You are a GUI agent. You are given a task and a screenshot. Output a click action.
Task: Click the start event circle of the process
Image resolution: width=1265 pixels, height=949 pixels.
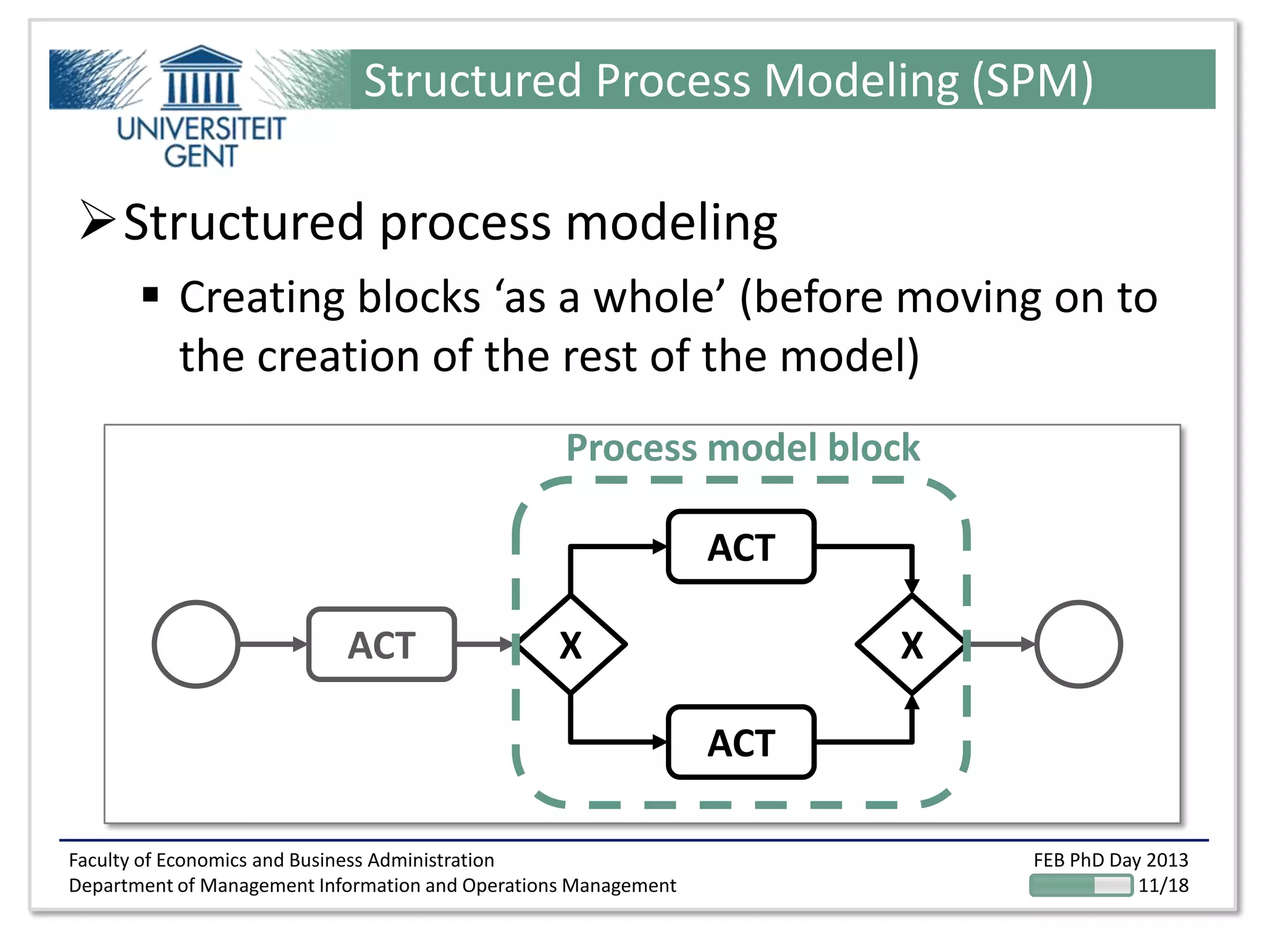click(196, 644)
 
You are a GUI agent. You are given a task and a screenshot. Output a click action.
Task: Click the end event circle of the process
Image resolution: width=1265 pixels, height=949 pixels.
click(1078, 644)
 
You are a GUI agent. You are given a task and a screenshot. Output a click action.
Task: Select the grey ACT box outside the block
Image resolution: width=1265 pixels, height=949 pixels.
click(381, 644)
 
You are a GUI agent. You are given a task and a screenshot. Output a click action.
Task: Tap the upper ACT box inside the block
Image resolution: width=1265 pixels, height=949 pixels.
click(741, 547)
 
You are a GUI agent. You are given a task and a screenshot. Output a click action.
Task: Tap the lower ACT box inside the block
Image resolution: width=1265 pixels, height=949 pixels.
click(741, 741)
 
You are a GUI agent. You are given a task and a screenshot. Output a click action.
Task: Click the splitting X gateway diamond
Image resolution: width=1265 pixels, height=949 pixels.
click(571, 644)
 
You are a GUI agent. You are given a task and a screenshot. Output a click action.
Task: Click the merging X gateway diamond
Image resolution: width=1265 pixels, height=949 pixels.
click(911, 644)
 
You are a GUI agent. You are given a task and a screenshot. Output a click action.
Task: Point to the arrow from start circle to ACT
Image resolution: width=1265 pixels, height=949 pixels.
click(272, 644)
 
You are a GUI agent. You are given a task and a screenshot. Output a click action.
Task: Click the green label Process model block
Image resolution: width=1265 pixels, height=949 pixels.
click(742, 447)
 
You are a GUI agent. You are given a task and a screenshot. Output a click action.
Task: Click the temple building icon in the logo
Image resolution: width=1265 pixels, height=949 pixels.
click(201, 77)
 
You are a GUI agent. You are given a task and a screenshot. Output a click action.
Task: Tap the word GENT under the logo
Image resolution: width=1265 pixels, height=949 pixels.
click(201, 156)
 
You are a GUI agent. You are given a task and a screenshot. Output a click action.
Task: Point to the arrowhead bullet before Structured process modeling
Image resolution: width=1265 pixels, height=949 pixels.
click(97, 220)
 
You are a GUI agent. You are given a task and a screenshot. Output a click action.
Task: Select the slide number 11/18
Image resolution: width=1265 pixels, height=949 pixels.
click(1163, 885)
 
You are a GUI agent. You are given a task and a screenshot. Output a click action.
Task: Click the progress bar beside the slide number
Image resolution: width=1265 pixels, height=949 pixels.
click(1081, 885)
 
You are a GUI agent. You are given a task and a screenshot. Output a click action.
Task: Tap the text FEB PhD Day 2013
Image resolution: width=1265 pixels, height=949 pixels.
click(1111, 859)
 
